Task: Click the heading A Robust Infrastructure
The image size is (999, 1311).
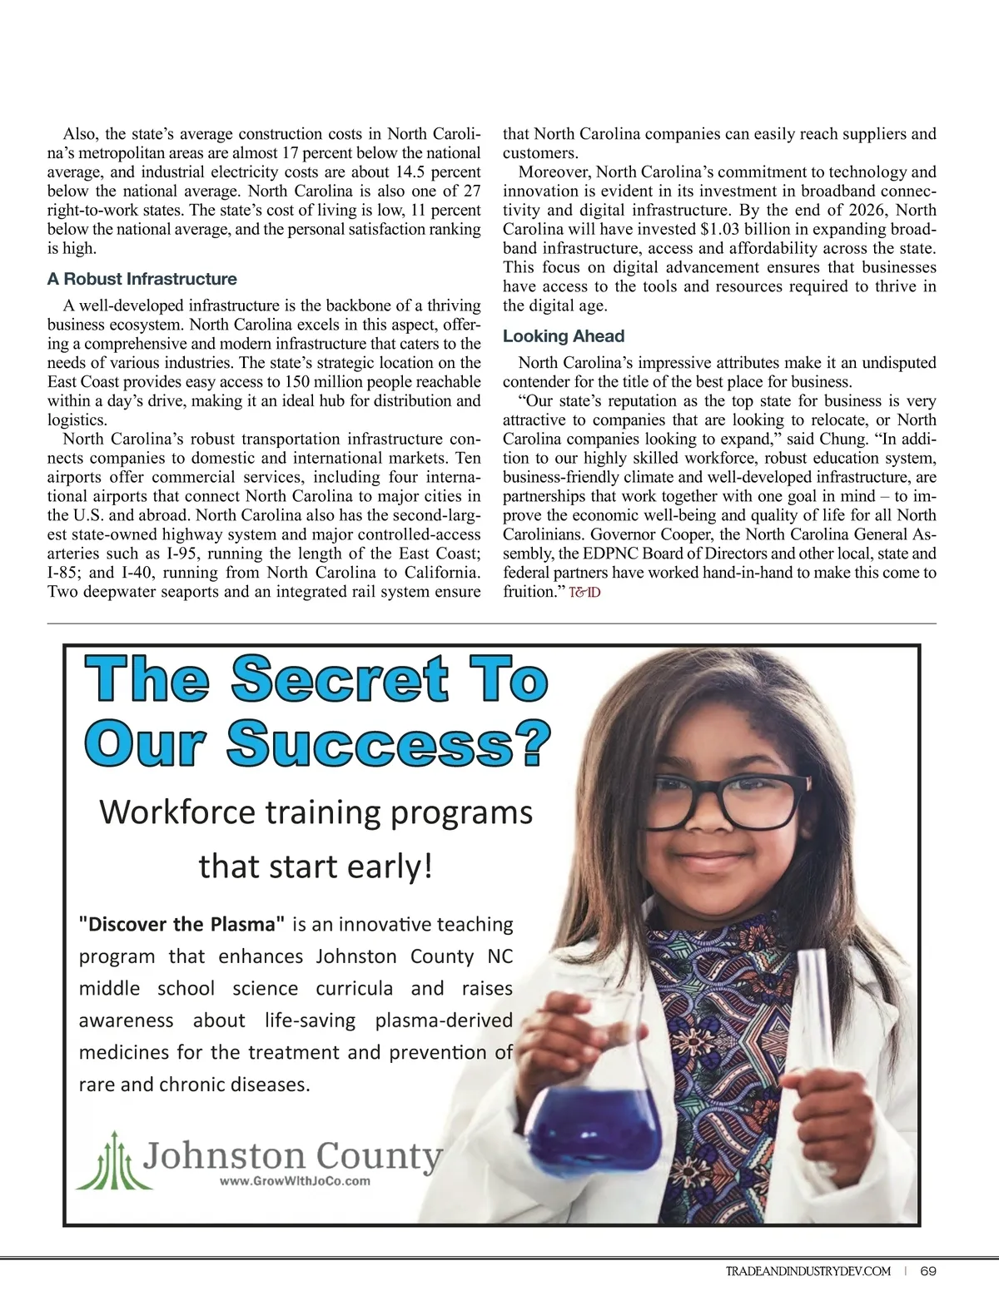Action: (142, 279)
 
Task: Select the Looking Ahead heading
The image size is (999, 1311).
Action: (563, 336)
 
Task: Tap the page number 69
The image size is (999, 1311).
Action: (929, 1271)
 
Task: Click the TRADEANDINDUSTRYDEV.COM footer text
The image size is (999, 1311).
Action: (808, 1271)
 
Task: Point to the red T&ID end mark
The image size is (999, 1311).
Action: (584, 593)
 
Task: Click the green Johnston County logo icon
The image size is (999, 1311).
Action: (113, 1160)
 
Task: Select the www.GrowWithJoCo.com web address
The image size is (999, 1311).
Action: (295, 1180)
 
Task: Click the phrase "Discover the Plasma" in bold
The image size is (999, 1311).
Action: (181, 924)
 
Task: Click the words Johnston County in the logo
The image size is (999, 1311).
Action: (293, 1155)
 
